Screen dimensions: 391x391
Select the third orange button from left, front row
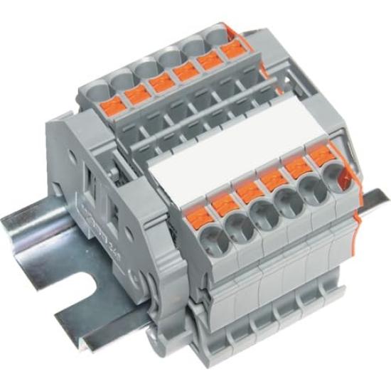247,190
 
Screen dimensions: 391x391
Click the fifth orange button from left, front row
293,166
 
